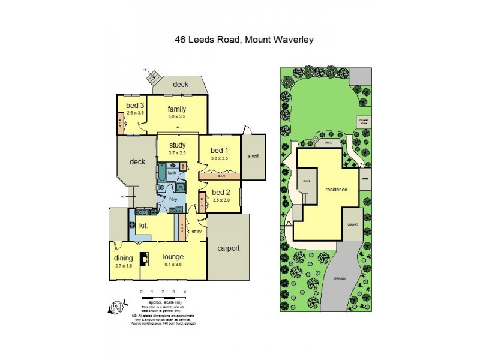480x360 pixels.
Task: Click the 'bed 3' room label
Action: [x=131, y=104]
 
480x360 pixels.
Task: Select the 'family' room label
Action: [x=176, y=109]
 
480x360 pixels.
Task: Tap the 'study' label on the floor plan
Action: [x=177, y=145]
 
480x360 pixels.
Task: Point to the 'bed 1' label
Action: [x=218, y=150]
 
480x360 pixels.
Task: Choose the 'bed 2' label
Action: [x=220, y=192]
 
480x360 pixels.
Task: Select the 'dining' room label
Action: [x=124, y=259]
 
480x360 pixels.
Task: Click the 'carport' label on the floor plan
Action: [x=228, y=248]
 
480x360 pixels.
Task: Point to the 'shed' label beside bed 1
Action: [x=252, y=156]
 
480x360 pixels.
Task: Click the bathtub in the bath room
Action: [x=163, y=175]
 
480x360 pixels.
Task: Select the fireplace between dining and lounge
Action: [x=143, y=259]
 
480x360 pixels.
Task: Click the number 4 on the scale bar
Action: [x=185, y=291]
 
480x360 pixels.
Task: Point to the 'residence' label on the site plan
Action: [x=336, y=189]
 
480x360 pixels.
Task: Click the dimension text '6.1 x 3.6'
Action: [x=173, y=264]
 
